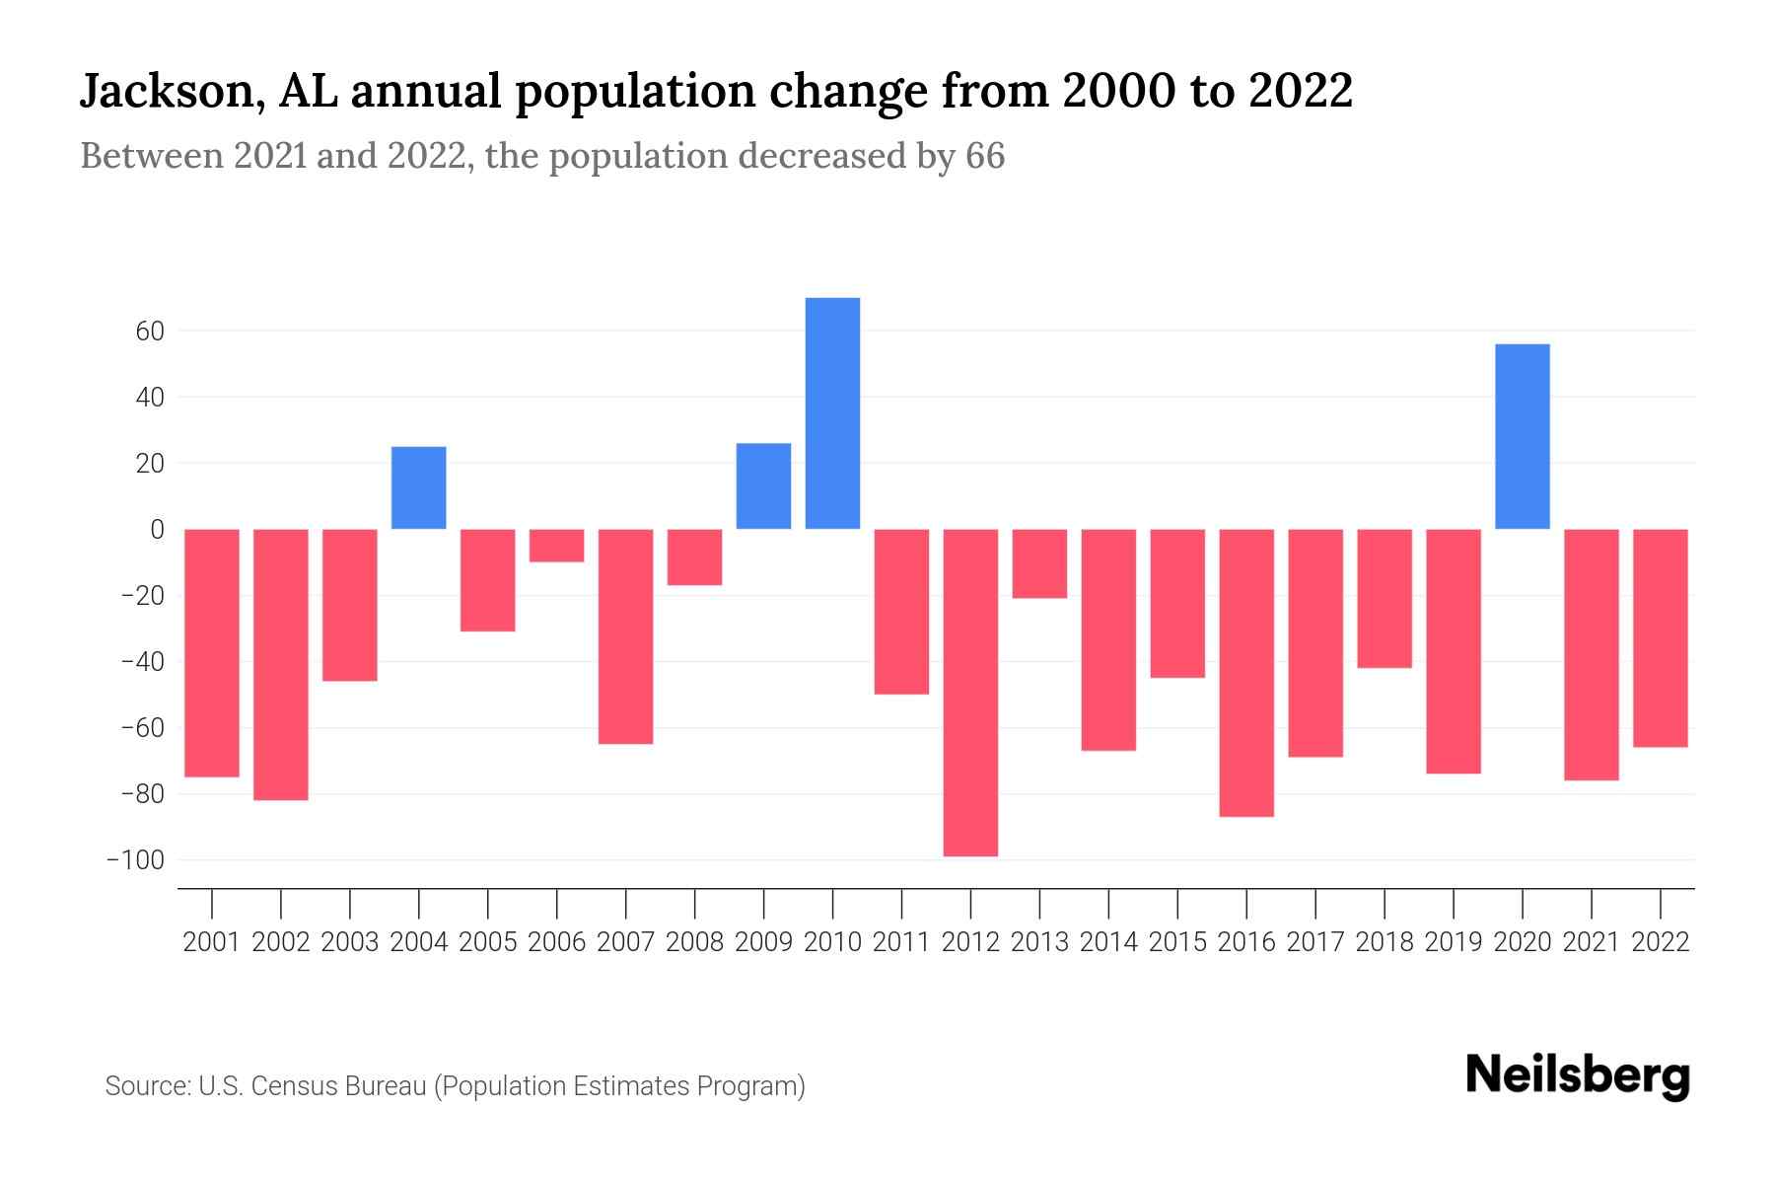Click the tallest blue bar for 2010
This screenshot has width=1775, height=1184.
pos(832,412)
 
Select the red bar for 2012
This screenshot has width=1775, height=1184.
pos(970,692)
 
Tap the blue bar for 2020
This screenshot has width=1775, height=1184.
pos(1522,436)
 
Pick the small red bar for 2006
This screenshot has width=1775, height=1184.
pos(556,546)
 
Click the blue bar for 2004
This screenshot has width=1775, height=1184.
pos(418,487)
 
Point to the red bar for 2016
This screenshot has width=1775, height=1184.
pos(1246,672)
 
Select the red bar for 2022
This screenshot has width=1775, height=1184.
pos(1660,637)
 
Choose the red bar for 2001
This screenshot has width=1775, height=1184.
pos(212,652)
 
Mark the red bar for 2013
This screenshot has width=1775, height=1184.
pos(1039,563)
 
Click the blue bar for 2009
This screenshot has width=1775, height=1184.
pos(763,485)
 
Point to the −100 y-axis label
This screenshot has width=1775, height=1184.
pos(135,860)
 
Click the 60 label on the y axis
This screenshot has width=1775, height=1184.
pos(150,332)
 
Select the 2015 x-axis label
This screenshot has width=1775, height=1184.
pos(1177,942)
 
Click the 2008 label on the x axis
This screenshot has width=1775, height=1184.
pos(694,942)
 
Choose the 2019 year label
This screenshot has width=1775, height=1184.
pos(1453,942)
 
